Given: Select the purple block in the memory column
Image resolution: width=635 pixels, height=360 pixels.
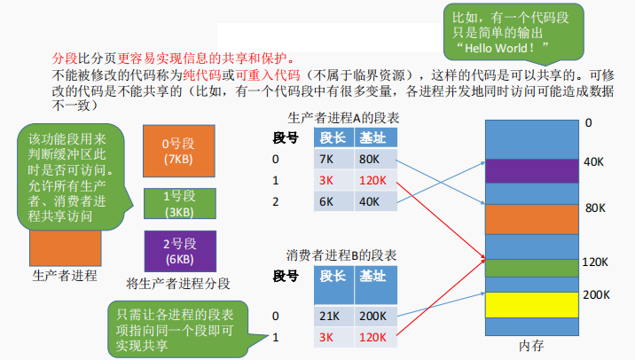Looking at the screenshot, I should (x=529, y=170).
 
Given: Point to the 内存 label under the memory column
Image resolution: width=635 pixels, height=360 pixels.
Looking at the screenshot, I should (x=531, y=345).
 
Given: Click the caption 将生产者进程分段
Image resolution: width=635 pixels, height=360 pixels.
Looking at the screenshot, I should (x=178, y=284).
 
